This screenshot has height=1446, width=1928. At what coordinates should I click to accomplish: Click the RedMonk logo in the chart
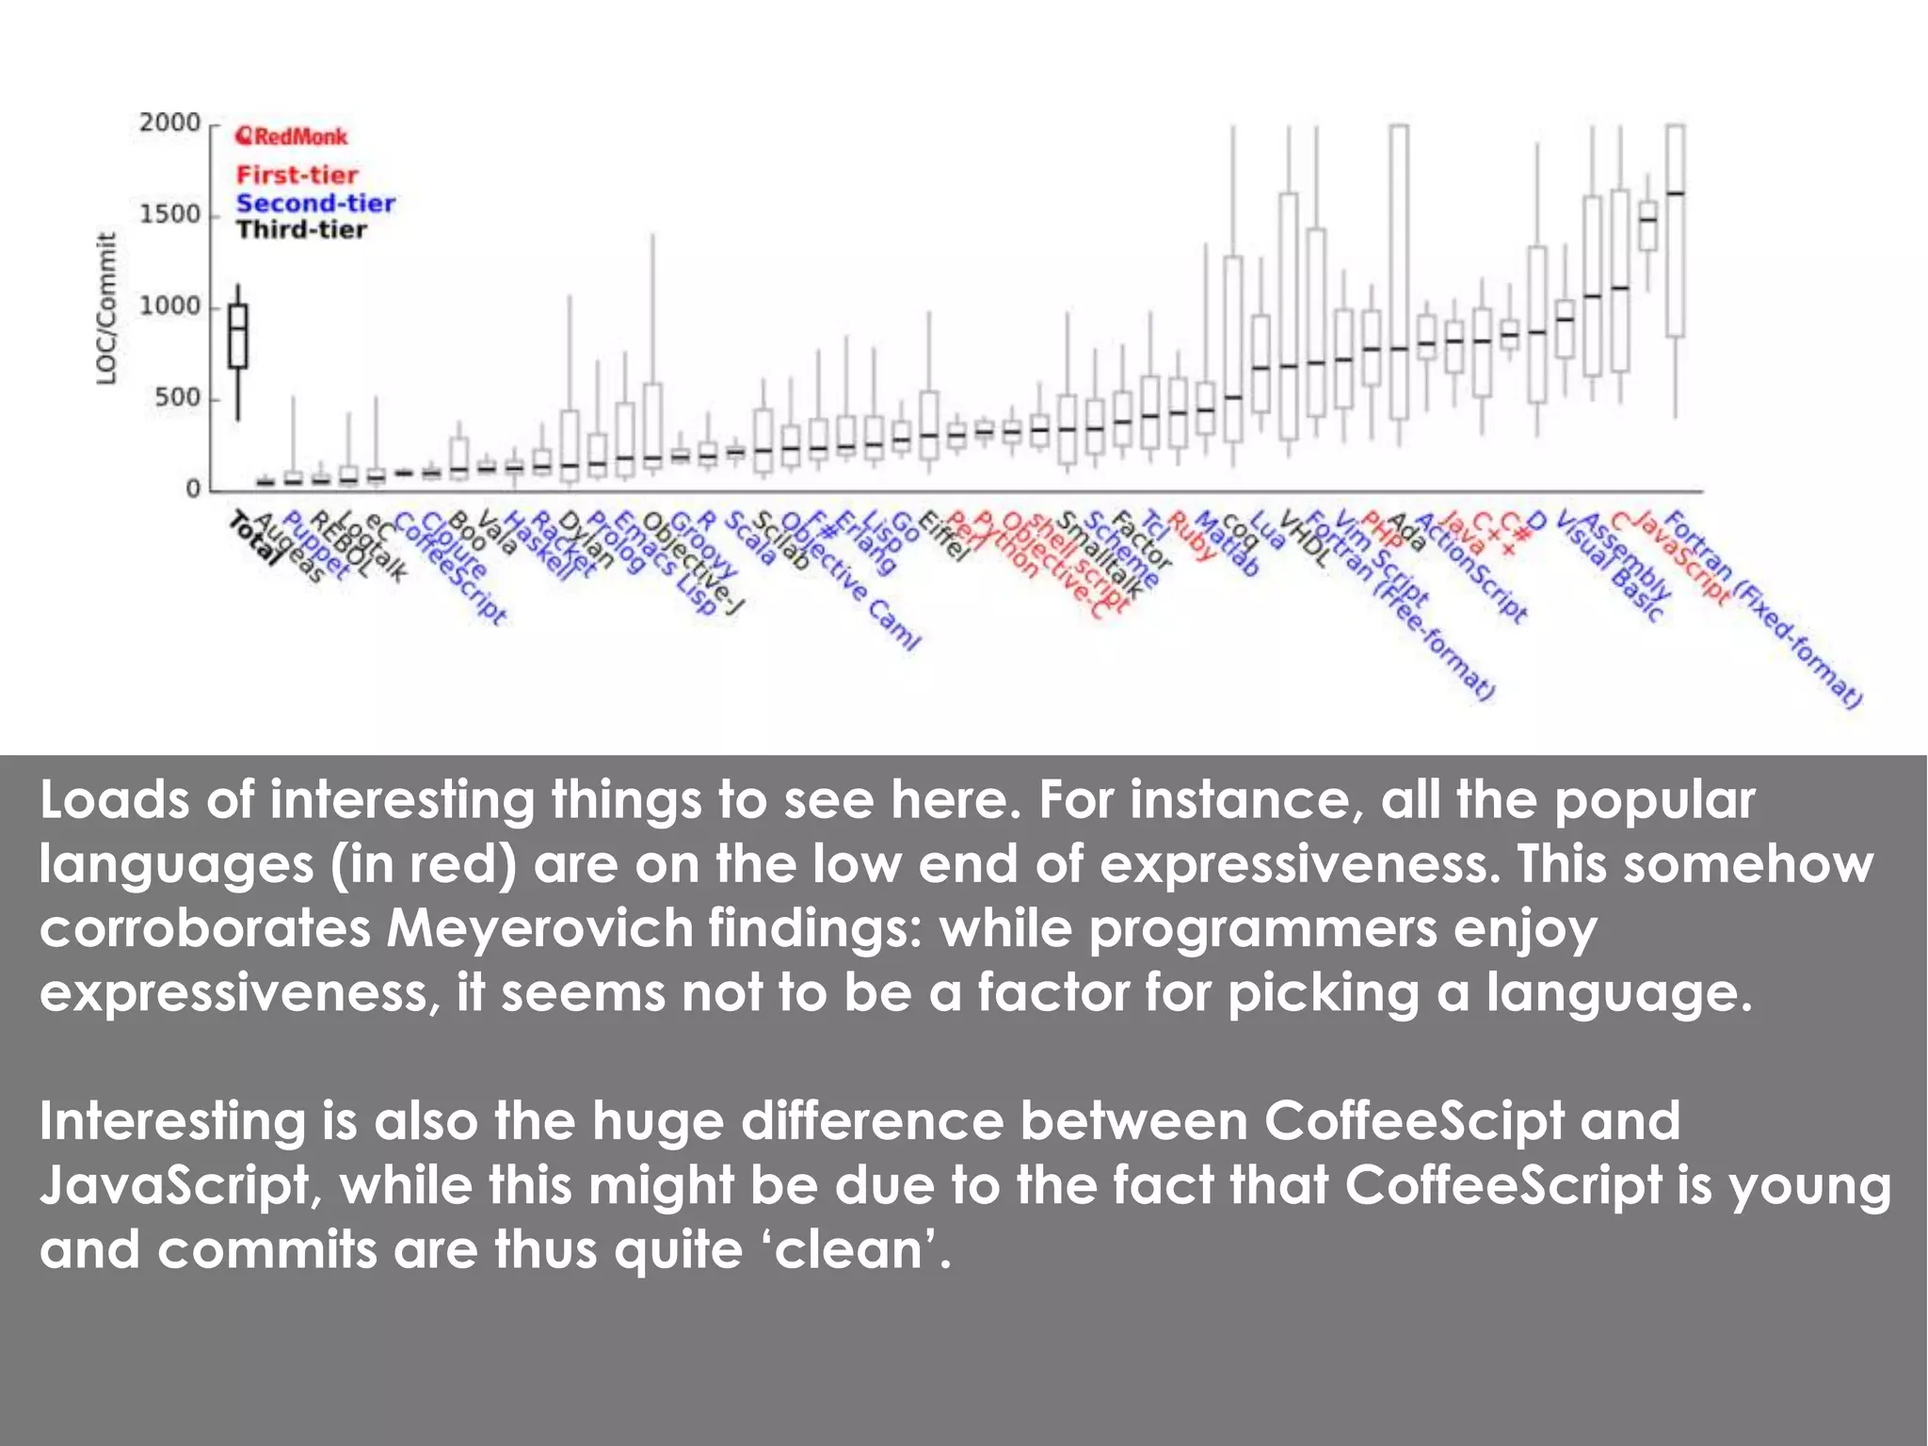[291, 137]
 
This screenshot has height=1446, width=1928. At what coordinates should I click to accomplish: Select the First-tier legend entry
[297, 175]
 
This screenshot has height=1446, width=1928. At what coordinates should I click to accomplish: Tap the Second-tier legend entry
[315, 203]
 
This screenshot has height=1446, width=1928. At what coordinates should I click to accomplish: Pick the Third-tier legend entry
[301, 230]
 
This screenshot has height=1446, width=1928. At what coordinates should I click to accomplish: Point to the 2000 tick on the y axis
[170, 123]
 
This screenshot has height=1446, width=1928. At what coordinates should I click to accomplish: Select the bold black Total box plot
[238, 336]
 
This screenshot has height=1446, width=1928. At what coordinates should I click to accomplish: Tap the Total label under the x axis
[254, 538]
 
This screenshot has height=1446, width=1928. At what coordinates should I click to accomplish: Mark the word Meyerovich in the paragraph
[538, 929]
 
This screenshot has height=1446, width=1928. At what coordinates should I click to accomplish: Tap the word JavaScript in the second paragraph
[174, 1186]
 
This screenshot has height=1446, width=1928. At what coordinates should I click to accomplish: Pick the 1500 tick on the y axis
[170, 215]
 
